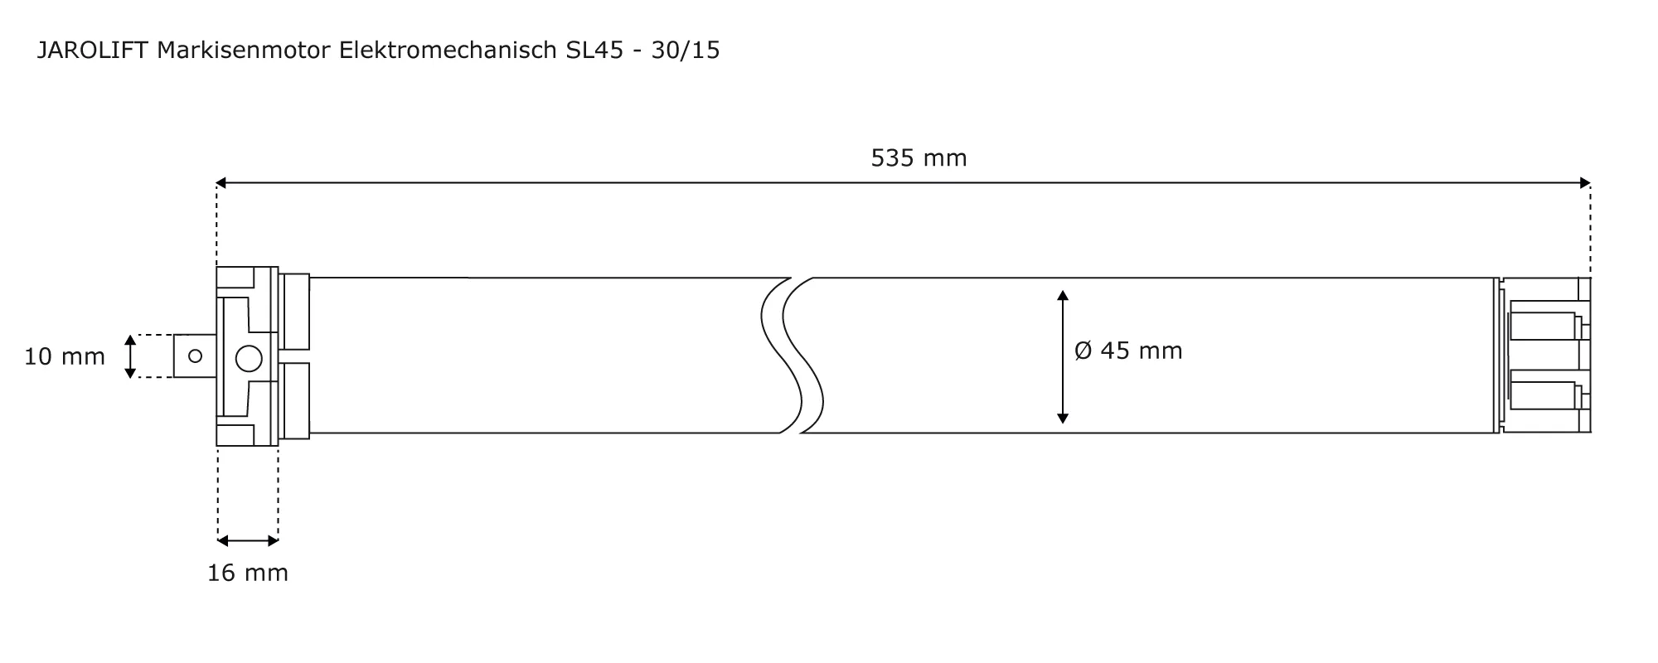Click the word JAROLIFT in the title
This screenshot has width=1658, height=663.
tap(93, 51)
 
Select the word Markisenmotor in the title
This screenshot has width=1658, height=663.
tap(244, 51)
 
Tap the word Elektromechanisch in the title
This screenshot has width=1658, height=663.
tap(448, 51)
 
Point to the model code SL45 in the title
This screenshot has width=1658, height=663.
tap(594, 51)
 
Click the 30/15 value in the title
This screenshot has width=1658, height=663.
tap(686, 51)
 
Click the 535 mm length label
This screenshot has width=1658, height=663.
tap(919, 157)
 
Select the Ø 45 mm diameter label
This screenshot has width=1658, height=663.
tap(1128, 351)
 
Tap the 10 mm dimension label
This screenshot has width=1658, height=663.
tap(65, 356)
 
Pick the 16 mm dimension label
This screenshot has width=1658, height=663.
tap(248, 573)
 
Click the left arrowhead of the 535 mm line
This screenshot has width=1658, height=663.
tap(221, 182)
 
